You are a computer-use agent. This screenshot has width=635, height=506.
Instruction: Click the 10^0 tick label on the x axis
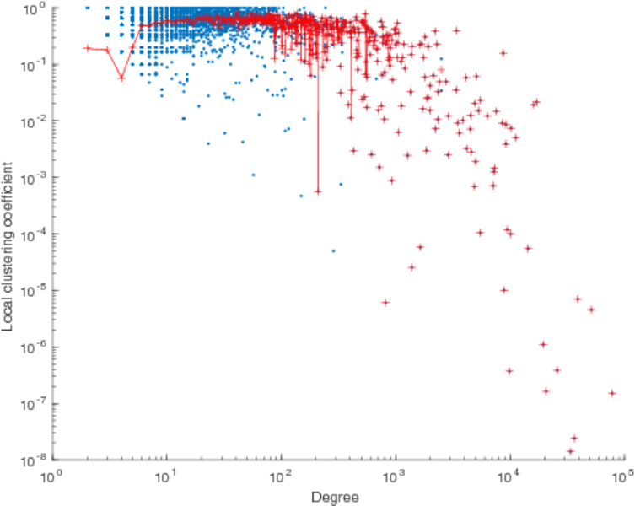tap(53, 476)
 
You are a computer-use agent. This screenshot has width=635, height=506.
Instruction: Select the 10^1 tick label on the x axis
tap(166, 476)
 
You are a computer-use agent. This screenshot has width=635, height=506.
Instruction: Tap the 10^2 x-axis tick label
tap(280, 476)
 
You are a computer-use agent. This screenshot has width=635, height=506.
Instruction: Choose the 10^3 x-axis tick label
tap(394, 476)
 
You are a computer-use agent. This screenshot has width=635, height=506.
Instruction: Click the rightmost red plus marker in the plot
tap(612, 393)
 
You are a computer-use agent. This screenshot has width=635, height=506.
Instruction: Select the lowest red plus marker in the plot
tap(570, 451)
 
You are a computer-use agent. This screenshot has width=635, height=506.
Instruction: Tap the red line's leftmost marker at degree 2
tap(88, 48)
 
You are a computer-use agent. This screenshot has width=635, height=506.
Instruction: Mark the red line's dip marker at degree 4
tap(121, 78)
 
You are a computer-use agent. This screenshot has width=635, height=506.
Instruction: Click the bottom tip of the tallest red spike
tap(318, 191)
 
